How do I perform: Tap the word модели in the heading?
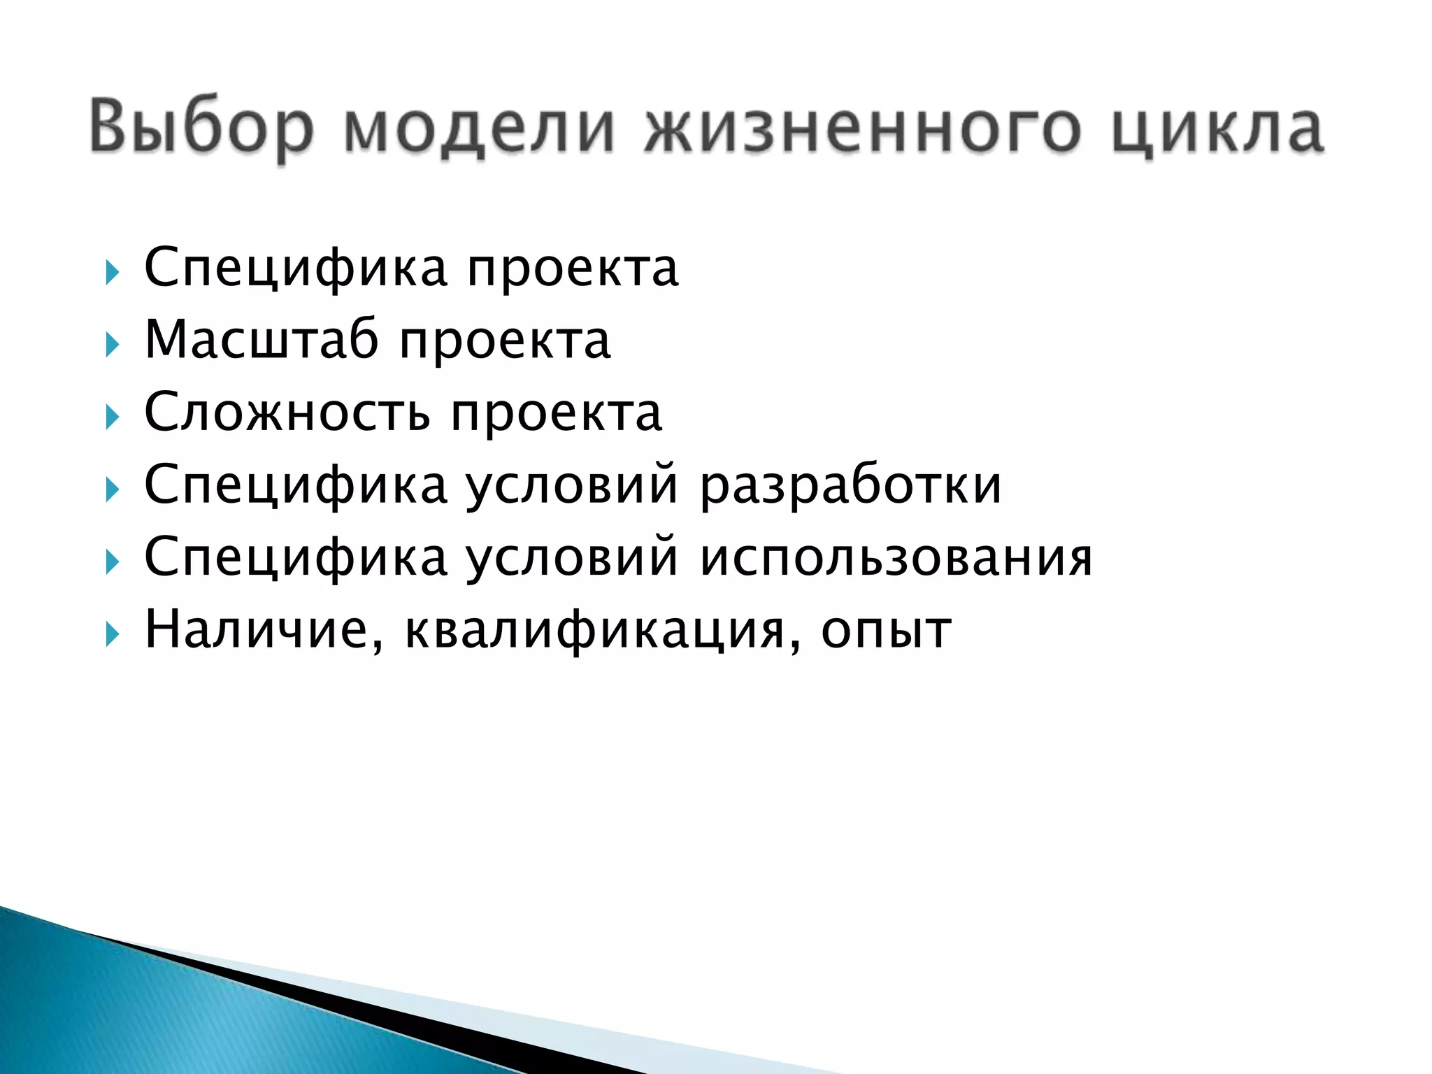click(480, 127)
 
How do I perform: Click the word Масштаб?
click(262, 340)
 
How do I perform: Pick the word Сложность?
click(287, 413)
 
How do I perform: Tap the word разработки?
click(851, 485)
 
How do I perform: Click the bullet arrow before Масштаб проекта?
click(112, 344)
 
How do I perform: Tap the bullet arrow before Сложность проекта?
click(112, 417)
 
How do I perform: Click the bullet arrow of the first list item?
click(112, 271)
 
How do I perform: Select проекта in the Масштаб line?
click(506, 343)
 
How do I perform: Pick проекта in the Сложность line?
click(557, 415)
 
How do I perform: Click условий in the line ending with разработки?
click(572, 485)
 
